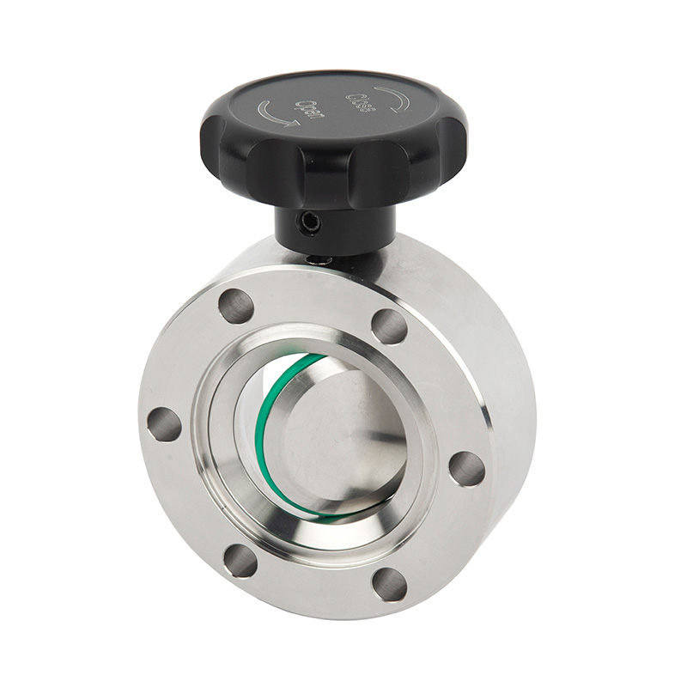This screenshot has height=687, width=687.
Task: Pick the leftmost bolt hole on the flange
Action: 164,424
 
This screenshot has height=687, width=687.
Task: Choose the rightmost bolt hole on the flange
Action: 466,468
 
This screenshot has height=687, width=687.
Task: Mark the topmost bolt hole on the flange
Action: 235,306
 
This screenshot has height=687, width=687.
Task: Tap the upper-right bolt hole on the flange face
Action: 389,325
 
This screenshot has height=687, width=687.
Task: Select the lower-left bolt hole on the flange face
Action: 240,560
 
